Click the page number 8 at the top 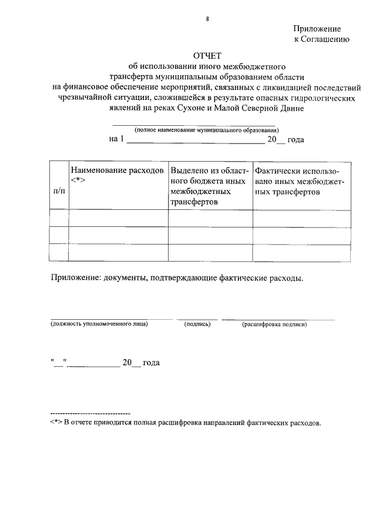(207, 19)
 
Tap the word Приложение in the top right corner (317, 28)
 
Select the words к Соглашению (321, 39)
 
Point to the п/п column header (59, 191)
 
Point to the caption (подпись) (197, 323)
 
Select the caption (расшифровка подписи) (274, 323)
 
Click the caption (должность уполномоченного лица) (99, 323)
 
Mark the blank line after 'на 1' (196, 140)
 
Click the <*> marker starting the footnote (56, 423)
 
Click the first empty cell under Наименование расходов (119, 218)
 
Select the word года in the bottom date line (152, 363)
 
